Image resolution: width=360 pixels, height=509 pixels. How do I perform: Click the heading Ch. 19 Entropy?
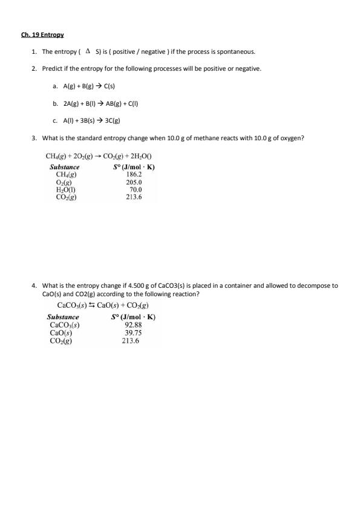(42, 35)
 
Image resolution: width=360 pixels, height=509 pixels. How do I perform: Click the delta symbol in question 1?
(88, 51)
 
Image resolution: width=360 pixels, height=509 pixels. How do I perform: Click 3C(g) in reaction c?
(113, 120)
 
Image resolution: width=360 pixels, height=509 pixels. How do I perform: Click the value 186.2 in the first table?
(134, 174)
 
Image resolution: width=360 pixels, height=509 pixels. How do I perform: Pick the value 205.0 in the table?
(134, 182)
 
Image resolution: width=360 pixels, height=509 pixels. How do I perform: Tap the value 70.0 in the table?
(136, 189)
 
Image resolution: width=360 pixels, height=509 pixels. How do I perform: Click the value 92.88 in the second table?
(133, 325)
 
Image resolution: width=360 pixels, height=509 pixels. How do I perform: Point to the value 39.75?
(133, 332)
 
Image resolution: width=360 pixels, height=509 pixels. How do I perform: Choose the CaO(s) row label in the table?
(61, 332)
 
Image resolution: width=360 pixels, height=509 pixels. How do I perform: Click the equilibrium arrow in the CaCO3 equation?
(93, 305)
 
